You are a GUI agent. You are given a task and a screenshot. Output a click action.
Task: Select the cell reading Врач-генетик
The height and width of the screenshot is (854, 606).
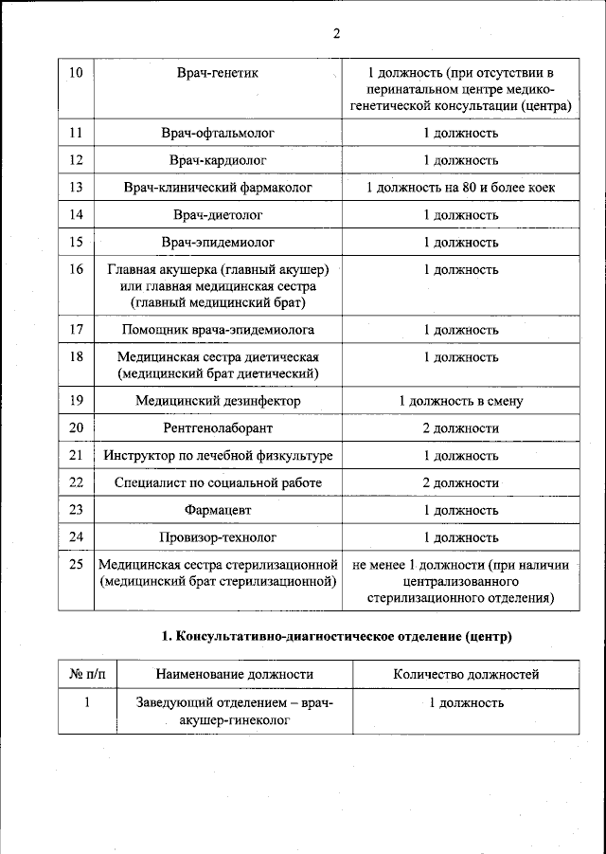pyautogui.click(x=218, y=72)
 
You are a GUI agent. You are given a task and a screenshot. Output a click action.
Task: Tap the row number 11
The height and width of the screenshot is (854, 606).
pyautogui.click(x=77, y=133)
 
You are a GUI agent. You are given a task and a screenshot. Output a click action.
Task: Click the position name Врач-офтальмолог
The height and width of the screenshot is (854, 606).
pyautogui.click(x=218, y=133)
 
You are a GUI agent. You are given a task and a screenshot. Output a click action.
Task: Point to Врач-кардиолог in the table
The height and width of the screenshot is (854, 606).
pyautogui.click(x=218, y=160)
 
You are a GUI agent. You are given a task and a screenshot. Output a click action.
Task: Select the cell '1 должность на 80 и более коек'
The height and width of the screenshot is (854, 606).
pyautogui.click(x=460, y=188)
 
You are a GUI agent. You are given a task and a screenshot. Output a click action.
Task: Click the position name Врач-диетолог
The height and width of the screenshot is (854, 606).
pyautogui.click(x=218, y=215)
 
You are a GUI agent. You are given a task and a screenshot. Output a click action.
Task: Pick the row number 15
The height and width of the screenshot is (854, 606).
pyautogui.click(x=77, y=243)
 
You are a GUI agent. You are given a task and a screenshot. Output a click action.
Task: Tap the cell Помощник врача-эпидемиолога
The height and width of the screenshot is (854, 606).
pyautogui.click(x=218, y=330)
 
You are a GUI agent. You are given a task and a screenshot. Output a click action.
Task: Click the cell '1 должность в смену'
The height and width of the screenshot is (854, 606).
pyautogui.click(x=460, y=401)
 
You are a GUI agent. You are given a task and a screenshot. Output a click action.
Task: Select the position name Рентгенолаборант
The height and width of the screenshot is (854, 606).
pyautogui.click(x=218, y=428)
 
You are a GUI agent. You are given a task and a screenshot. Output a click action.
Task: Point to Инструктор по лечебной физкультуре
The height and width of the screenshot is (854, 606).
pyautogui.click(x=218, y=456)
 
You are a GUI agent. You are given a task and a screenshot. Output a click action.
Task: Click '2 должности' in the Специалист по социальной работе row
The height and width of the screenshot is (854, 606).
pyautogui.click(x=460, y=483)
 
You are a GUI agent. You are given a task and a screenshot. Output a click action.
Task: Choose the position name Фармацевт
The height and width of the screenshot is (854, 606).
pyautogui.click(x=218, y=511)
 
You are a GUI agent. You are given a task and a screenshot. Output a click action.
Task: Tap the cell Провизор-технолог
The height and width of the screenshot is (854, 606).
pyautogui.click(x=218, y=538)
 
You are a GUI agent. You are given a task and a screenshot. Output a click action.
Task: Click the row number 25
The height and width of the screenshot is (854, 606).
pyautogui.click(x=77, y=566)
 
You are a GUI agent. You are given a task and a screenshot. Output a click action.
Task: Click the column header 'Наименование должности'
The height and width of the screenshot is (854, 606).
pyautogui.click(x=234, y=675)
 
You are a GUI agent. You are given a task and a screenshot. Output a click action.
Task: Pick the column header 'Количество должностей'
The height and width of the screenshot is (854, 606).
pyautogui.click(x=466, y=675)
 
